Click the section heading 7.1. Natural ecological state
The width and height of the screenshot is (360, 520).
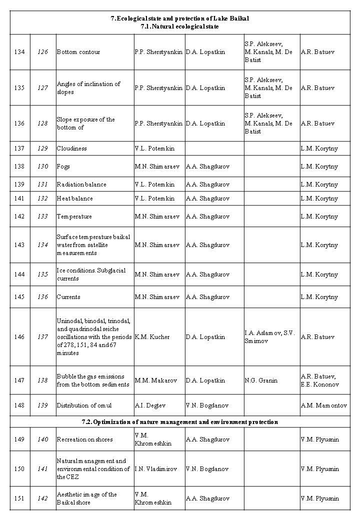click(x=180, y=26)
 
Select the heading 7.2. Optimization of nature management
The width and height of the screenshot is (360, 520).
click(x=179, y=422)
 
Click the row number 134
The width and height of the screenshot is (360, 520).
click(x=19, y=52)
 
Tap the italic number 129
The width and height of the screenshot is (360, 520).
click(x=43, y=148)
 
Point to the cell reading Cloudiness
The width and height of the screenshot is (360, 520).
click(x=71, y=148)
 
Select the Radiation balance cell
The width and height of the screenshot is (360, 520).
click(x=81, y=184)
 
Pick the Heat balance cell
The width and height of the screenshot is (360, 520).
click(x=74, y=198)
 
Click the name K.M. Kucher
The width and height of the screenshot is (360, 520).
click(x=152, y=337)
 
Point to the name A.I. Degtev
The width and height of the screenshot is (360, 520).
click(x=150, y=405)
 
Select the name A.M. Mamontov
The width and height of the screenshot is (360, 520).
click(x=324, y=405)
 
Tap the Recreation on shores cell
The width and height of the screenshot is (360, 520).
click(x=84, y=439)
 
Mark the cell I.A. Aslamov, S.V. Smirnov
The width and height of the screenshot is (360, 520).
click(x=270, y=337)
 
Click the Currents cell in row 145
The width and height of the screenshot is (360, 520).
click(x=68, y=297)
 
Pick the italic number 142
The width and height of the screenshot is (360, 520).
click(x=43, y=498)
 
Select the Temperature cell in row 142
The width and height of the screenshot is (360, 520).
click(x=74, y=216)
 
